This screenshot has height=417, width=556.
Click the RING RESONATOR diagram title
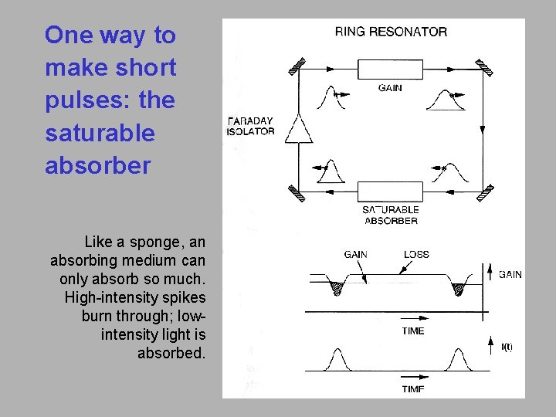391,32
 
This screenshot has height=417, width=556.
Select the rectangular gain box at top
391,68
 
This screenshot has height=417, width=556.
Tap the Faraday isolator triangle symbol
299,131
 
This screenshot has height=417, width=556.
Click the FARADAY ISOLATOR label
251,127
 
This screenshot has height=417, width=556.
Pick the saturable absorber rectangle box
390,192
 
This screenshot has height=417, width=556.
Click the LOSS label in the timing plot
416,254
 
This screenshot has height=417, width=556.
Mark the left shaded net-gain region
337,288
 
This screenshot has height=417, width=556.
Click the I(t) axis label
507,347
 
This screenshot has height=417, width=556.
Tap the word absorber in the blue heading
97,166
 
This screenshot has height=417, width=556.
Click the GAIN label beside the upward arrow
510,274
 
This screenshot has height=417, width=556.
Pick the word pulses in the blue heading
76,100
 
